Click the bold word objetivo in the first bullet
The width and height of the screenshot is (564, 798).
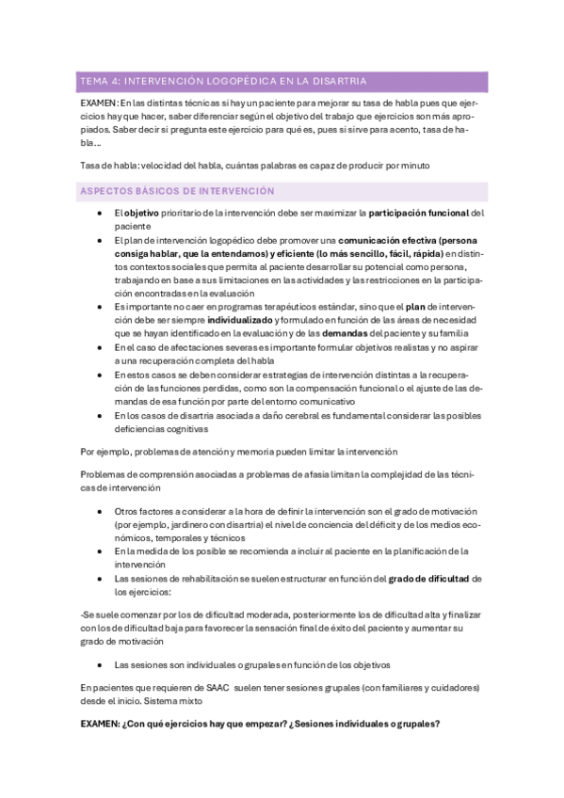point(142,214)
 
